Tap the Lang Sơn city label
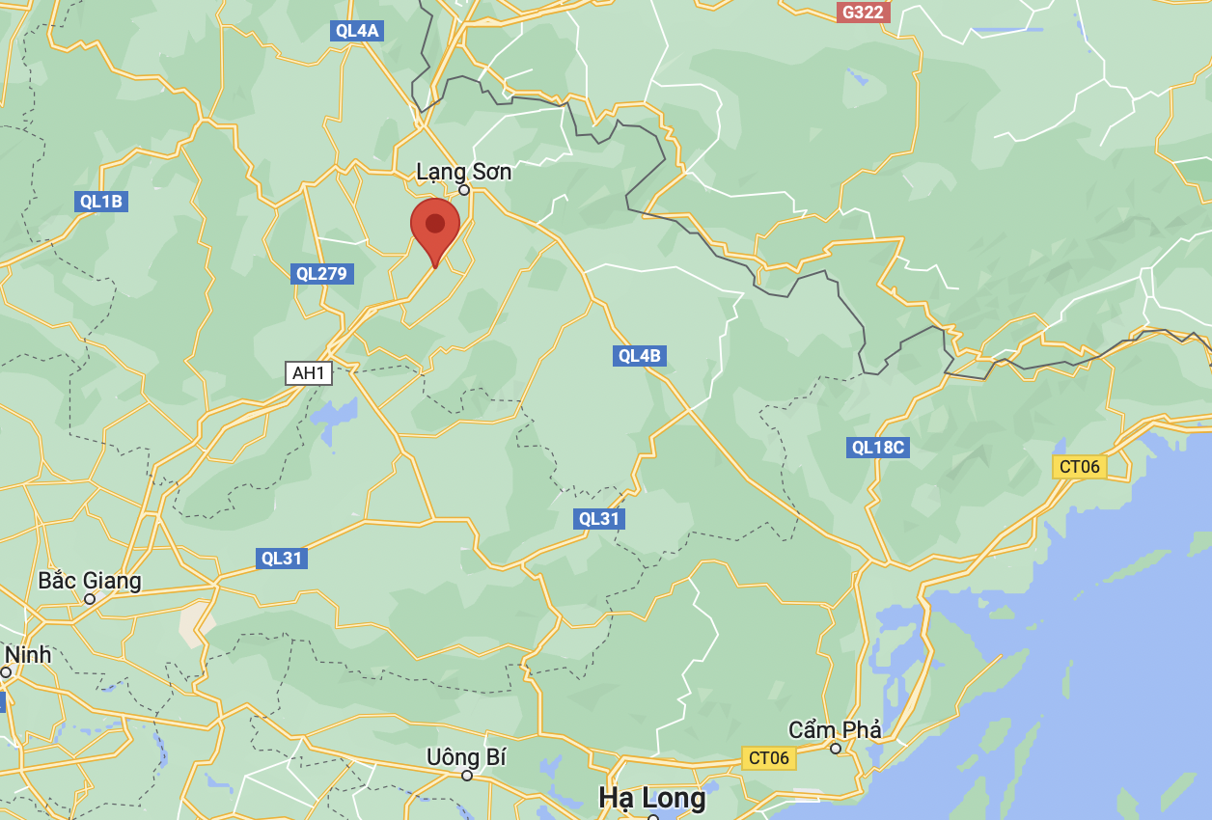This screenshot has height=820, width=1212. tap(463, 172)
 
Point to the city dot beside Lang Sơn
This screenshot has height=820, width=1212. tap(464, 190)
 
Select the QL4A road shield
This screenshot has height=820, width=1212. tap(357, 31)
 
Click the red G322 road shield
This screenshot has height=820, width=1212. tap(863, 12)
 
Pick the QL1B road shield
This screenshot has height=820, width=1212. tap(101, 202)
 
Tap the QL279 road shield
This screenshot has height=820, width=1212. tap(321, 273)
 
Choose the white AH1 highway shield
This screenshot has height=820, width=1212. tap(309, 372)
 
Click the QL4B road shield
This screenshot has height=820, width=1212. tap(640, 356)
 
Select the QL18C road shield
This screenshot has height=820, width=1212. tap(879, 448)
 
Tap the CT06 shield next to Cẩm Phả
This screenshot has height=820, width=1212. tap(769, 758)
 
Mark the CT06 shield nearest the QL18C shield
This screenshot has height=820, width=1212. tap(1079, 467)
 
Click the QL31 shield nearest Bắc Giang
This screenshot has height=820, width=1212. tap(282, 558)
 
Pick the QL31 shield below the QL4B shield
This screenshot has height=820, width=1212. tap(598, 519)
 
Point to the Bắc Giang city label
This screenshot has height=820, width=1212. tap(90, 581)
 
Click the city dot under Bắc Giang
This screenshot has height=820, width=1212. tap(90, 599)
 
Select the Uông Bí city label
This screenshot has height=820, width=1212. tap(466, 757)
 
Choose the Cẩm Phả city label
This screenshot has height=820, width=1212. tap(835, 730)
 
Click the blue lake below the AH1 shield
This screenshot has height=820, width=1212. tap(332, 420)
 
